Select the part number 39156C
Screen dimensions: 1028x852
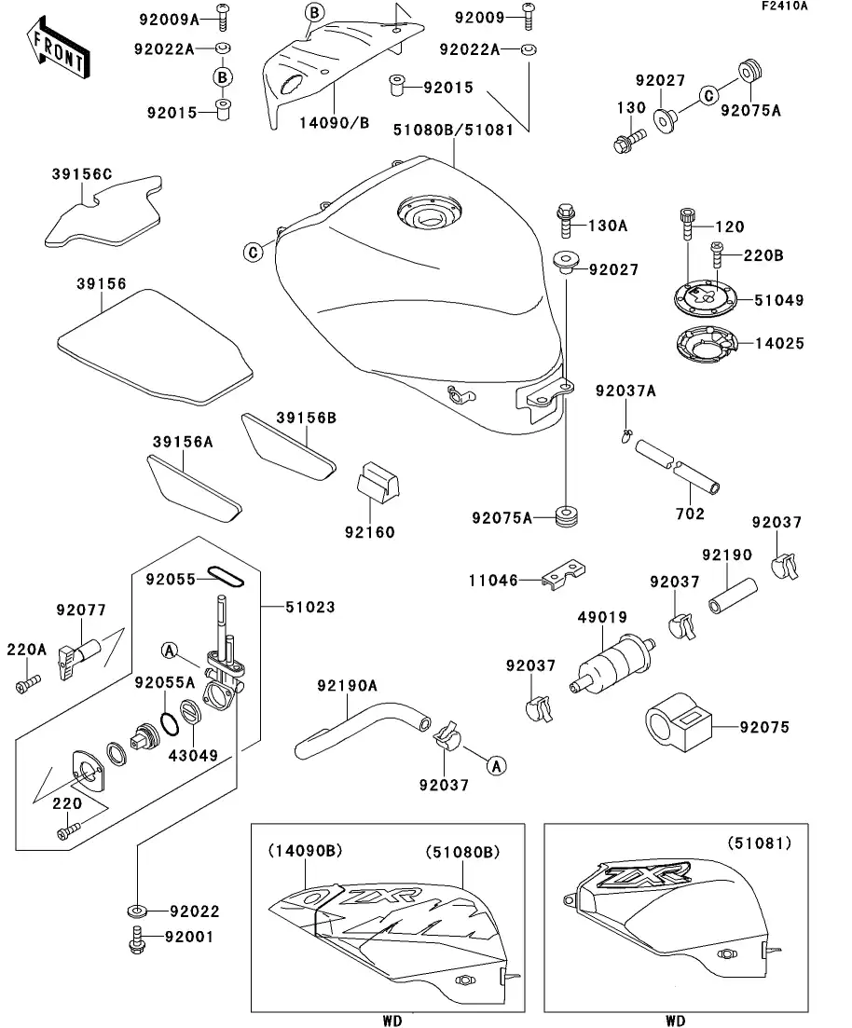(82, 173)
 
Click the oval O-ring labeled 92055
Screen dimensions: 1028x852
(225, 578)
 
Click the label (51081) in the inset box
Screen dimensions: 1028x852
(759, 843)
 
